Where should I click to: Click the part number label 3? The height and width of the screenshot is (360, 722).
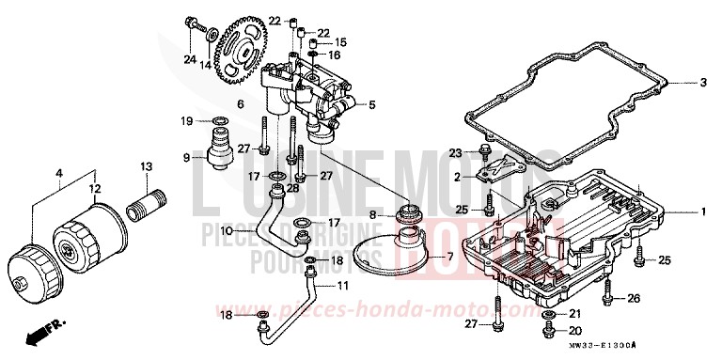coord(701,83)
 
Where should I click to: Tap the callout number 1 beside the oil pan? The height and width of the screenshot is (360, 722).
coord(701,212)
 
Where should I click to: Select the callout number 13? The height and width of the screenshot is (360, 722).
coord(146,166)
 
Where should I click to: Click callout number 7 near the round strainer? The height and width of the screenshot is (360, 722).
coord(447,256)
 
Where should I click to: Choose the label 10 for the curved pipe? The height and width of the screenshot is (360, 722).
coord(228,230)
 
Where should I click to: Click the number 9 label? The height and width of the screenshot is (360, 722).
coord(187,157)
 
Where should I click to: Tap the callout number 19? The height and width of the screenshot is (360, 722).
coord(187,120)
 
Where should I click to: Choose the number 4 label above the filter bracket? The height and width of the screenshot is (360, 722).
coord(59,172)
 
